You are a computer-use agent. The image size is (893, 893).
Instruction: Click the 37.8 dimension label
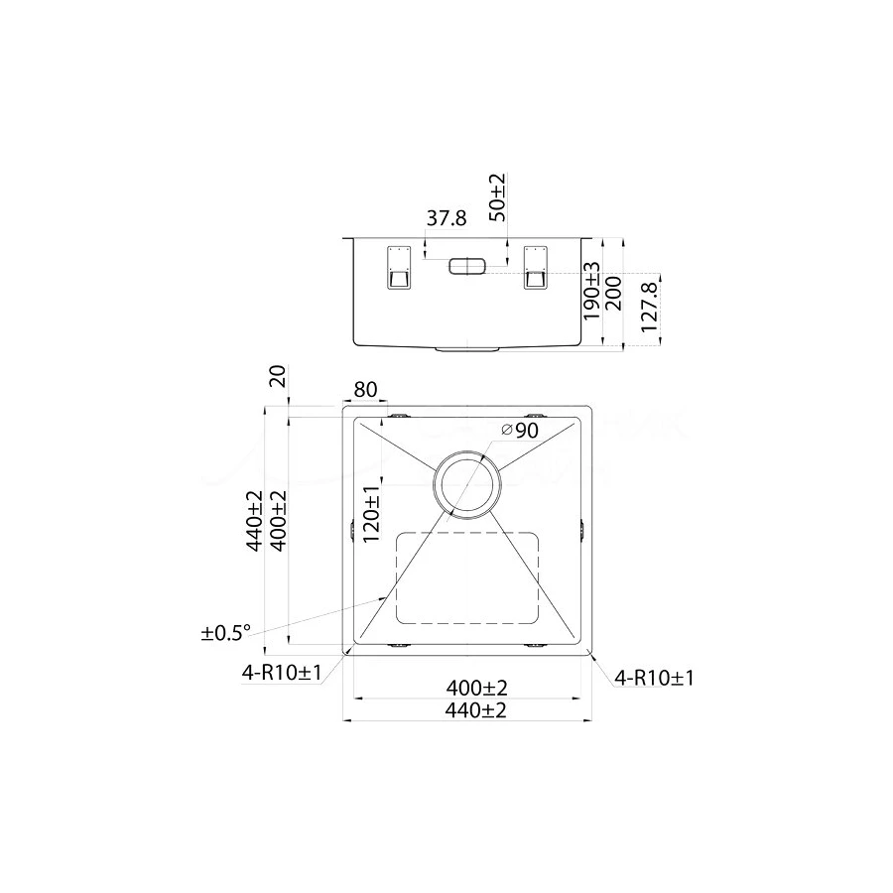coord(446,219)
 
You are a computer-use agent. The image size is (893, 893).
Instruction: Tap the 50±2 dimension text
coord(497,196)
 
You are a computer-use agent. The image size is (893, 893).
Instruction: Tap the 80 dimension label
coord(365,390)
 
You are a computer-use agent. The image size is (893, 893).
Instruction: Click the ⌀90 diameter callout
coord(519,430)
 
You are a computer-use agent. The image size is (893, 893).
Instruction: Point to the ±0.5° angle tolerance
coord(226,632)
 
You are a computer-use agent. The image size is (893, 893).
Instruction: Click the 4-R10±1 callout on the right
coord(654,678)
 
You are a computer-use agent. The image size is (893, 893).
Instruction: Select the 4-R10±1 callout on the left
coord(282,674)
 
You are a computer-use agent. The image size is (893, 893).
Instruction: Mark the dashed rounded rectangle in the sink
coord(467,577)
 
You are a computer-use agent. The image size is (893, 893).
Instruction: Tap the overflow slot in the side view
coord(465,266)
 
